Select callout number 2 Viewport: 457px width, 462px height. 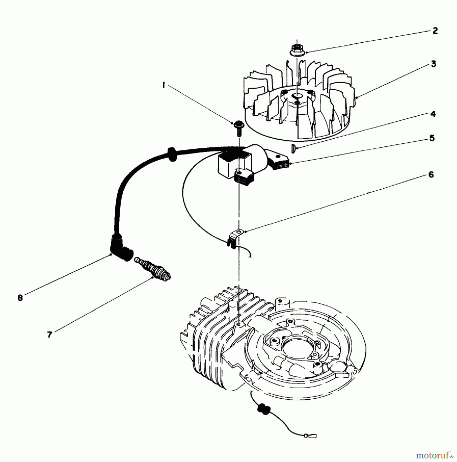435,31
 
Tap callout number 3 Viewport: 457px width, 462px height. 433,64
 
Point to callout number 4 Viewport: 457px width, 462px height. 433,114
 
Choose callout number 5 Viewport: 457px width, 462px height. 432,138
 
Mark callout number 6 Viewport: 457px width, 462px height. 431,175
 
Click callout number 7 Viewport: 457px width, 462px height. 49,334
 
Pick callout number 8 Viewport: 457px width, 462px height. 20,298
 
